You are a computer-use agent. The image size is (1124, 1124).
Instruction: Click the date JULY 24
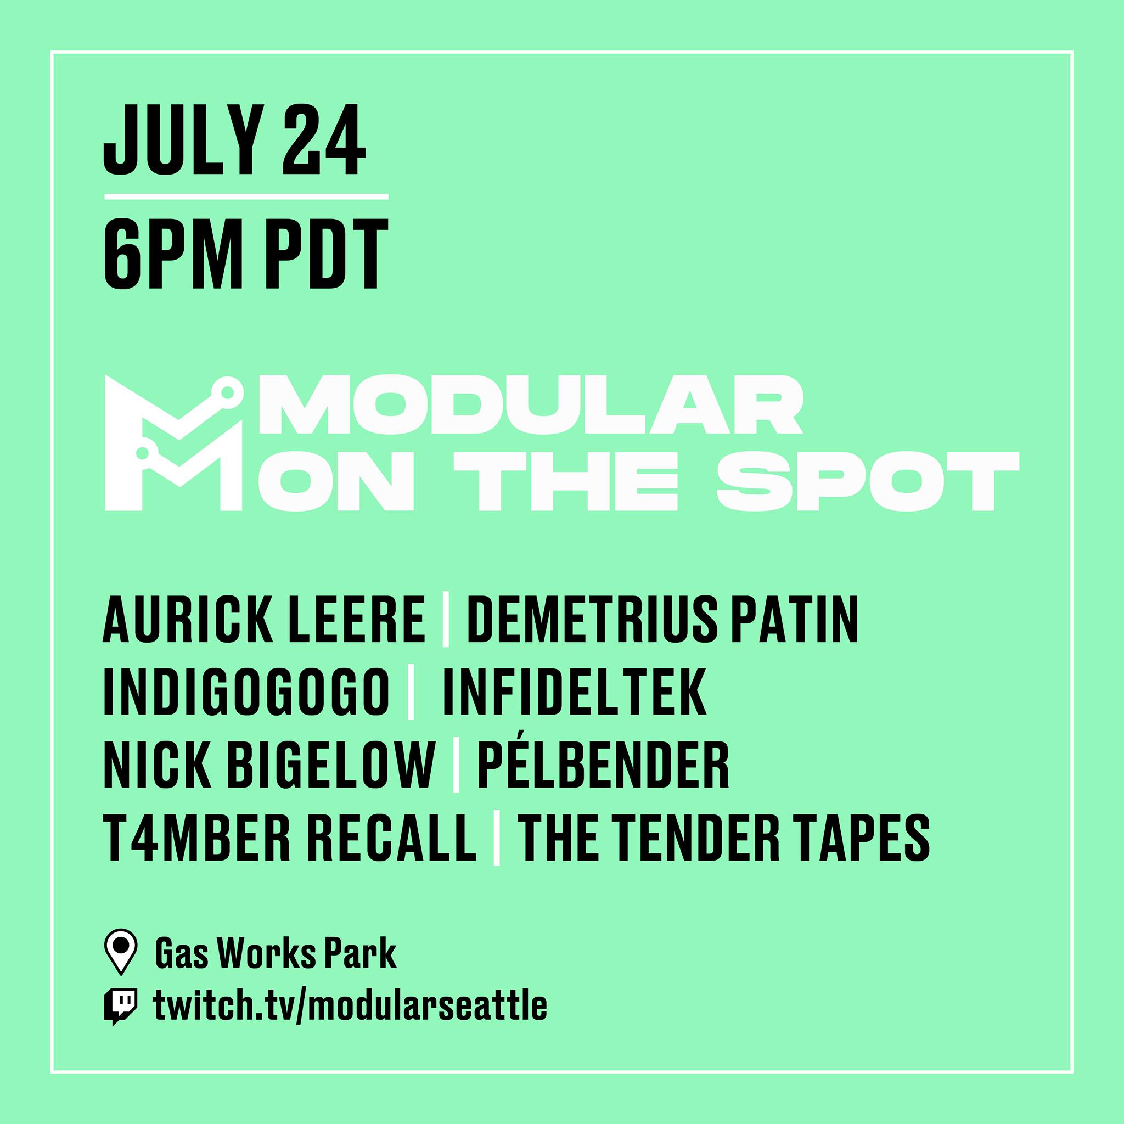[x=234, y=142]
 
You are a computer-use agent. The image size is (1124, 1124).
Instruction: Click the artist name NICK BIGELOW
[x=269, y=763]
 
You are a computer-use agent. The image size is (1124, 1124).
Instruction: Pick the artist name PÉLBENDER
[x=603, y=763]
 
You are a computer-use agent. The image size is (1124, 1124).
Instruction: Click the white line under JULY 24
[x=245, y=197]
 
